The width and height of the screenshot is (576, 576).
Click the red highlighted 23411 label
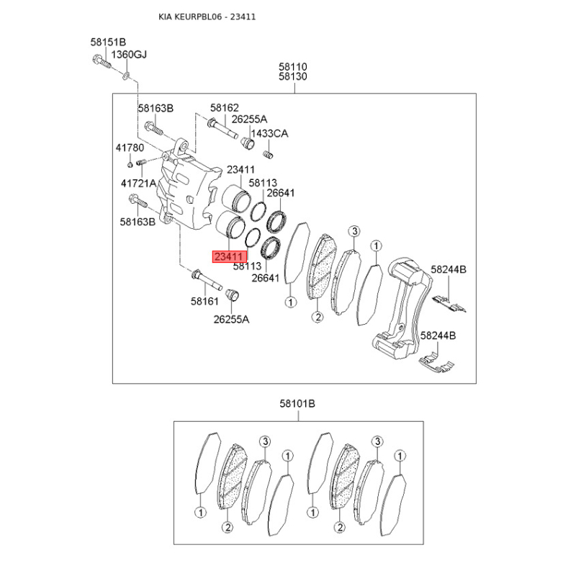pyautogui.click(x=230, y=256)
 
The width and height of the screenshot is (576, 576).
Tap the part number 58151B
pyautogui.click(x=109, y=42)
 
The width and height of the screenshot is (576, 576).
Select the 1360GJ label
pyautogui.click(x=129, y=55)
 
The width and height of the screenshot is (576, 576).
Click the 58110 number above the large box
pyautogui.click(x=293, y=67)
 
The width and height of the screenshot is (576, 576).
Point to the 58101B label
pyautogui.click(x=297, y=404)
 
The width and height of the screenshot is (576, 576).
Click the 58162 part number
pyautogui.click(x=225, y=107)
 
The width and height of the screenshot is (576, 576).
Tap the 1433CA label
pyautogui.click(x=270, y=133)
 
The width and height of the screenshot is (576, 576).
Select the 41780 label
pyautogui.click(x=130, y=148)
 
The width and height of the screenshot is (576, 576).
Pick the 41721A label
pyautogui.click(x=138, y=183)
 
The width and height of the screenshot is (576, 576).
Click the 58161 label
pyautogui.click(x=204, y=301)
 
